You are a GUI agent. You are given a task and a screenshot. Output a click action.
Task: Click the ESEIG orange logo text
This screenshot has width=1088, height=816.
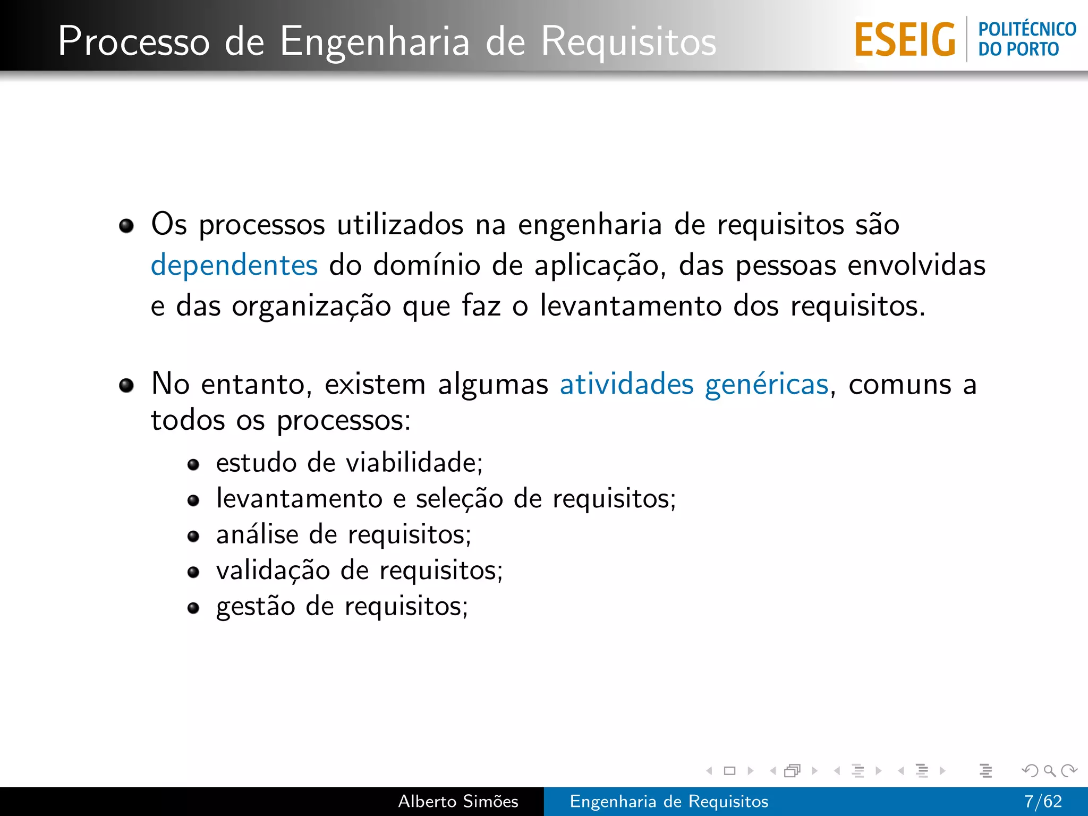coord(905,40)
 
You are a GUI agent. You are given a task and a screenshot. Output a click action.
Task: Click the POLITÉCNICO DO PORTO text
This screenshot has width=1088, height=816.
coord(1026,39)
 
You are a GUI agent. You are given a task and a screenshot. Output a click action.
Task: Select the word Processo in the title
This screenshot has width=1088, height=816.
coord(134,41)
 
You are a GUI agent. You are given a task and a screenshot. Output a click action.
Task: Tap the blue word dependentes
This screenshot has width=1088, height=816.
coord(234,265)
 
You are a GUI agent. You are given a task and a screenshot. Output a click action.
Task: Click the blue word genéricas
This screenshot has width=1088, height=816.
coord(767,385)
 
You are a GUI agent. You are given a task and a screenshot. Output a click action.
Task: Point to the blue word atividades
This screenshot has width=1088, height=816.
coord(627,384)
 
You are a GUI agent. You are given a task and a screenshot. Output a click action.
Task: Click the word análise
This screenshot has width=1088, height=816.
coord(257,534)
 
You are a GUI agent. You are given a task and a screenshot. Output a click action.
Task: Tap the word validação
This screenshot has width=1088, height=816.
coord(273,571)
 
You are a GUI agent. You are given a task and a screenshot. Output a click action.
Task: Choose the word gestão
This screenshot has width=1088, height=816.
coord(256,607)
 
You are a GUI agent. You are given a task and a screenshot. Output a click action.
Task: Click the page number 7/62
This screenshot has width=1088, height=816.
coord(1043,801)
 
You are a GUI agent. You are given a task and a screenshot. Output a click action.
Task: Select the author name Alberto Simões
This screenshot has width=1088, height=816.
coord(458,801)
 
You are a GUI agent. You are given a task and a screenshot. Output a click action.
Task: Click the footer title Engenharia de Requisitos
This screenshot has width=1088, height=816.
coord(669,801)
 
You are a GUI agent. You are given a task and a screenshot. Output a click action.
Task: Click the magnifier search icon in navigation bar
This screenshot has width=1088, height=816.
coord(1049,770)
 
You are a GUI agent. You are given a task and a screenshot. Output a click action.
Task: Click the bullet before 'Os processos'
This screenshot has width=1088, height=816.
coord(126,226)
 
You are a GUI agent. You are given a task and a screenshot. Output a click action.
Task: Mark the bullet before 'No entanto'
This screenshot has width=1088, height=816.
coord(126,385)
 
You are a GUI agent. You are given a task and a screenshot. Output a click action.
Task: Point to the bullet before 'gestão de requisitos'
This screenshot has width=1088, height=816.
coord(193,608)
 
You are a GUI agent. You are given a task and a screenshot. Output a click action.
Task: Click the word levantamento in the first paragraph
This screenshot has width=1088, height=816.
coord(631,306)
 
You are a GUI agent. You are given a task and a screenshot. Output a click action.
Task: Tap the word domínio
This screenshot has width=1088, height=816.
coord(427,265)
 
